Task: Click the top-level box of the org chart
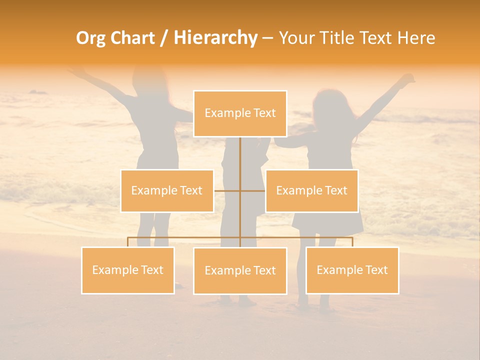click(240, 113)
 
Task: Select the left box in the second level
click(167, 190)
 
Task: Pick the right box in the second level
click(311, 190)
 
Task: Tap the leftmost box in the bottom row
click(128, 270)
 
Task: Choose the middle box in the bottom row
click(240, 270)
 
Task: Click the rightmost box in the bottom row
click(352, 270)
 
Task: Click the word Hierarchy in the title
click(215, 38)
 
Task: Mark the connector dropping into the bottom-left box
click(128, 242)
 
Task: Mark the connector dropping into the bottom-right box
click(352, 242)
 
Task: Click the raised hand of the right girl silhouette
click(408, 79)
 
